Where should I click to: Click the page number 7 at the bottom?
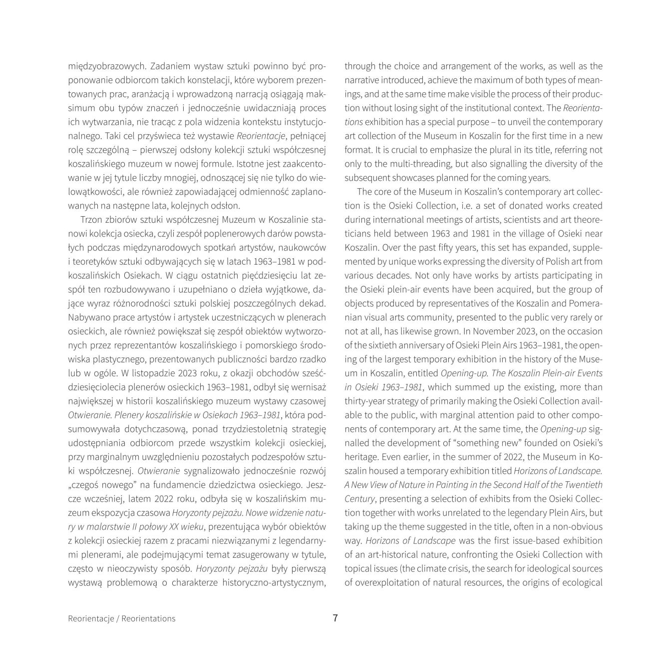pyautogui.click(x=335, y=618)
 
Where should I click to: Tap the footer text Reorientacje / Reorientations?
pyautogui.click(x=122, y=619)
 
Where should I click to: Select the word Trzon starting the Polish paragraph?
pyautogui.click(x=90, y=219)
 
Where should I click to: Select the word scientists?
pyautogui.click(x=484, y=219)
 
